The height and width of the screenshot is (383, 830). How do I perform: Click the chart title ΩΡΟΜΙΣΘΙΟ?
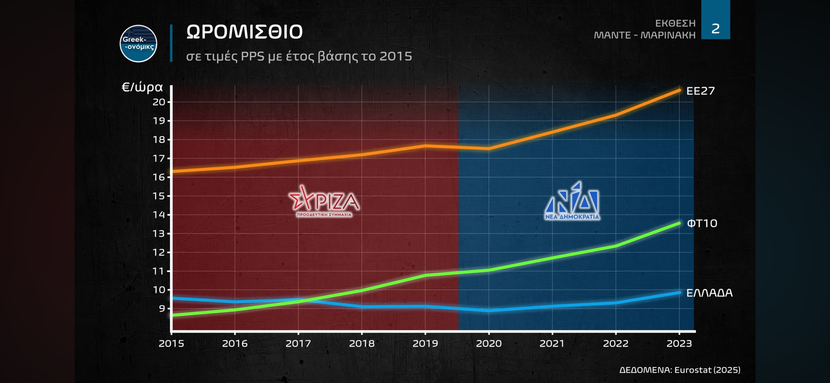point(244,32)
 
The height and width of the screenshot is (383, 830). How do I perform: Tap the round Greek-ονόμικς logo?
point(138,44)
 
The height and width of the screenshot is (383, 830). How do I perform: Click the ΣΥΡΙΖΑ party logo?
point(324,201)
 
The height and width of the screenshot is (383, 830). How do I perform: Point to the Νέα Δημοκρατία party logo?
point(572,201)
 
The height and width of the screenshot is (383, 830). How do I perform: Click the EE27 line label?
point(700,91)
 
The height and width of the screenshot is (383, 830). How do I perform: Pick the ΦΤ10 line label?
point(702,223)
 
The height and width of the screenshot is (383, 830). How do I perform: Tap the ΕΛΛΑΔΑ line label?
point(709,293)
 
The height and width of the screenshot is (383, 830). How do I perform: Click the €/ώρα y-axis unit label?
point(142,87)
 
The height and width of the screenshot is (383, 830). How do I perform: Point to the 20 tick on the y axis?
point(159,102)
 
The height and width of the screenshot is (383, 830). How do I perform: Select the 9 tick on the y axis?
point(162,308)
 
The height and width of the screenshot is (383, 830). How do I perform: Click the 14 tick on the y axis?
point(159,215)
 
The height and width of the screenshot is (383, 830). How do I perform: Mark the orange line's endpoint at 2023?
point(679,91)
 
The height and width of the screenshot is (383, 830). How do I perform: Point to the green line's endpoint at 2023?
point(679,223)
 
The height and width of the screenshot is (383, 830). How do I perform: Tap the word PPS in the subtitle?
point(252,56)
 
